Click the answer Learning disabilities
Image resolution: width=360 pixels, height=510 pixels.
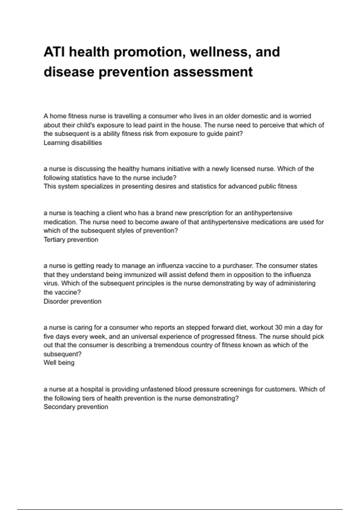(x=73, y=143)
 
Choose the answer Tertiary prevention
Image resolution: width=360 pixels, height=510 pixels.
(x=71, y=240)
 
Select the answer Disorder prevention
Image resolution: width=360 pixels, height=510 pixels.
(x=72, y=301)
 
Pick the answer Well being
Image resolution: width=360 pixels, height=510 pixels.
(x=59, y=363)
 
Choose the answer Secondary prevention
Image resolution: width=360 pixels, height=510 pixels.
(x=76, y=407)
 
